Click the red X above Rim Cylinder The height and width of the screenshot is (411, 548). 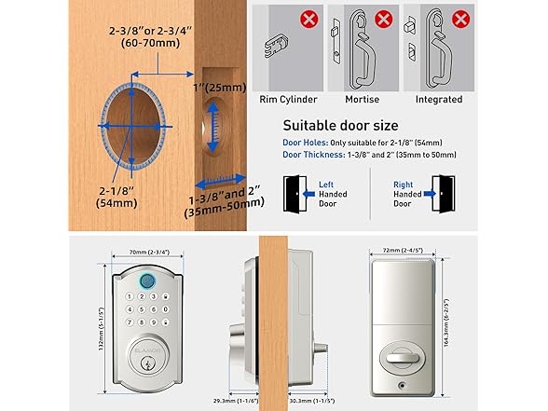(x=308, y=19)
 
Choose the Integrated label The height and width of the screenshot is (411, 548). (x=438, y=99)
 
